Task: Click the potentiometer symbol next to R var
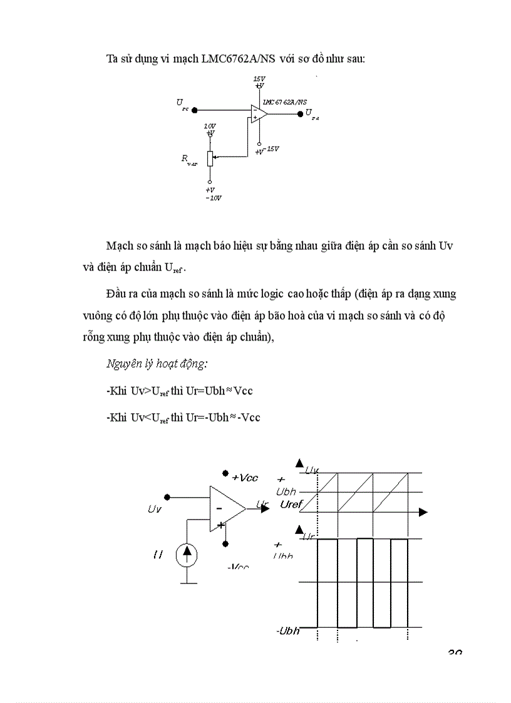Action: point(210,158)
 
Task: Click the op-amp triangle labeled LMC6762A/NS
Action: point(259,113)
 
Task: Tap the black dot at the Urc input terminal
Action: point(195,110)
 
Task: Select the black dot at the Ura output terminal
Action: point(300,113)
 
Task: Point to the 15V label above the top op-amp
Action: point(259,80)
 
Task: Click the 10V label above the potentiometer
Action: point(210,126)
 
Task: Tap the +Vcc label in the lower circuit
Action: point(244,478)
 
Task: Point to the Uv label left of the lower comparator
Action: point(155,509)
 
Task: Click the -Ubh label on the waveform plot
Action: point(287,630)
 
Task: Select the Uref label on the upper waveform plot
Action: point(291,504)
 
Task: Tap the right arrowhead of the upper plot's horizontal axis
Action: point(423,512)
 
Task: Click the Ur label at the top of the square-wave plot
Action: point(308,536)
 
